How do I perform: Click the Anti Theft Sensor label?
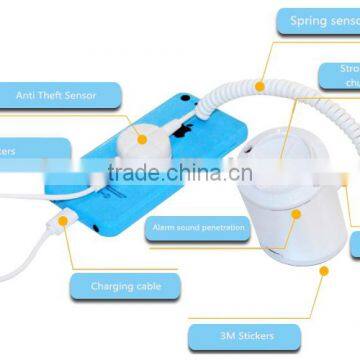click(x=57, y=95)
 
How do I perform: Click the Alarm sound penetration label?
click(x=199, y=229)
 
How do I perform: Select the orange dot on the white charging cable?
click(x=64, y=218)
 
